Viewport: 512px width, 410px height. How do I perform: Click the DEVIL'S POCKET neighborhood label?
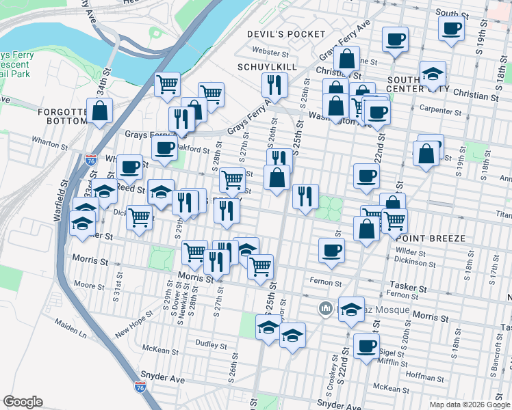(x=287, y=34)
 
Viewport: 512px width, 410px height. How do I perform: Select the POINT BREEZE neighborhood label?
(x=431, y=238)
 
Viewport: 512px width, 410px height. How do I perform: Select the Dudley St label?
(x=211, y=343)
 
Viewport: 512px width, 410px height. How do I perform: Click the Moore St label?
(x=88, y=284)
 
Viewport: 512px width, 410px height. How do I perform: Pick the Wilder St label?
(x=411, y=251)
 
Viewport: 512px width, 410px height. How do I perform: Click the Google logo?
(x=23, y=402)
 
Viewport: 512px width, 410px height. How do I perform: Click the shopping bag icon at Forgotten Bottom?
(x=100, y=112)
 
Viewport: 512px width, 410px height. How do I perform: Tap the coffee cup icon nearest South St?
(x=451, y=29)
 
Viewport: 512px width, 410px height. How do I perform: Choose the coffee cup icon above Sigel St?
(x=367, y=345)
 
